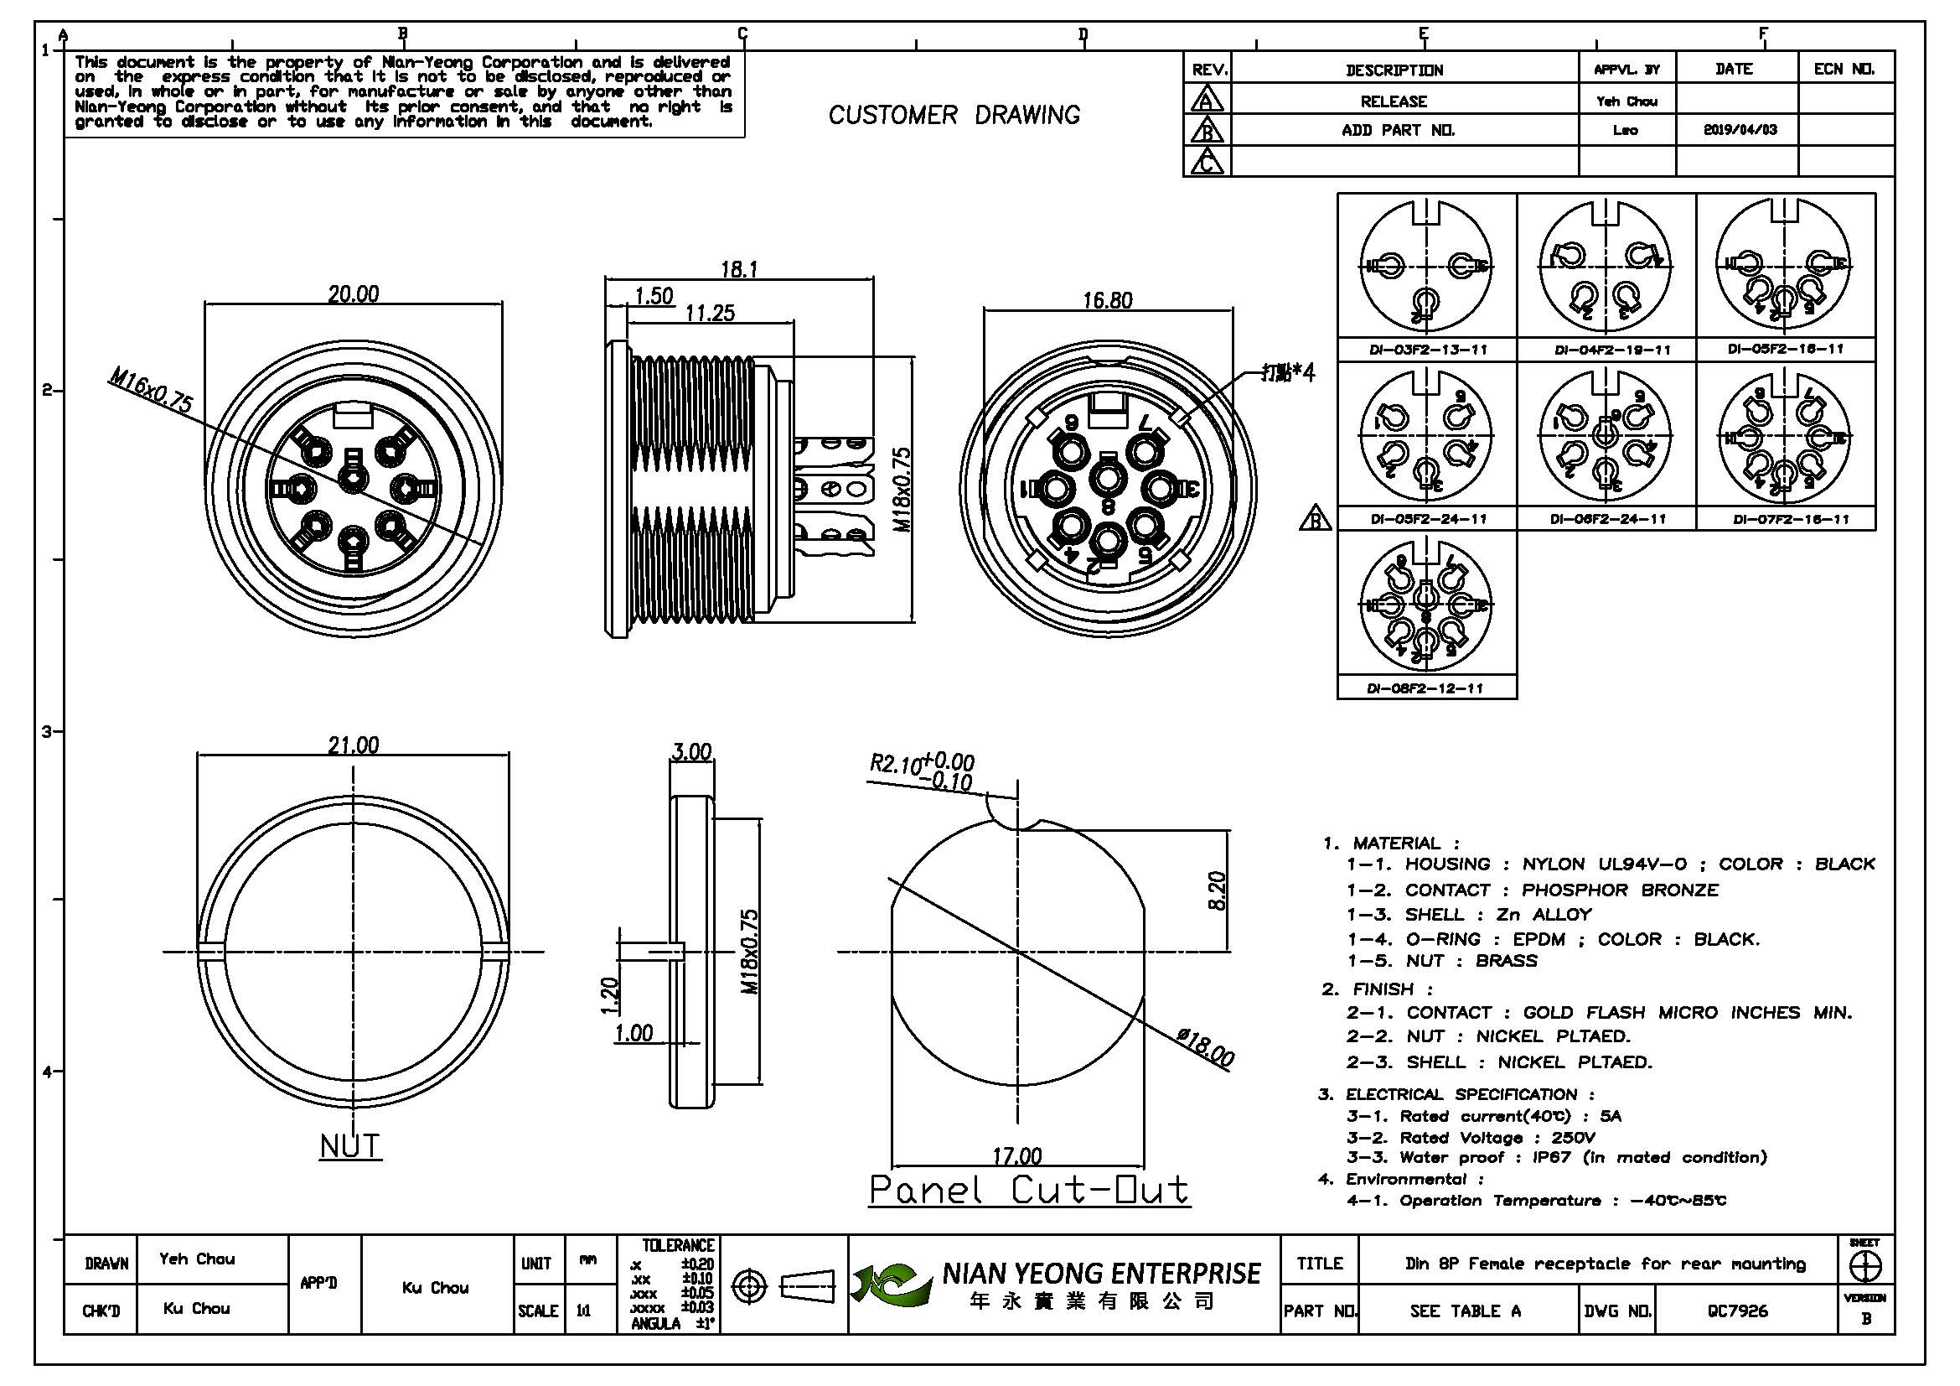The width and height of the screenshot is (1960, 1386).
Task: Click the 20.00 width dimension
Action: (354, 294)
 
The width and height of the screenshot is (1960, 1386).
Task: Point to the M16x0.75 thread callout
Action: (151, 390)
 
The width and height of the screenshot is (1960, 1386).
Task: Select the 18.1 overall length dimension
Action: (739, 270)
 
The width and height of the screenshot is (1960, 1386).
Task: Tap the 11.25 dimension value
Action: (710, 314)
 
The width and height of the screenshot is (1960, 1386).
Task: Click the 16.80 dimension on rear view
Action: (1107, 301)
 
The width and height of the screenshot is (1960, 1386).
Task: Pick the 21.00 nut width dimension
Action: (354, 745)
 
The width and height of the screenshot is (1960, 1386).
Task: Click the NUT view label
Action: (350, 1146)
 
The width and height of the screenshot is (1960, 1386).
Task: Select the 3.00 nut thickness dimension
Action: (691, 752)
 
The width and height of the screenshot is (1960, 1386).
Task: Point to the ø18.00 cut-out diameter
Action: (1205, 1048)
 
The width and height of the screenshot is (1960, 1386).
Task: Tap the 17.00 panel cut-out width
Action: (1016, 1156)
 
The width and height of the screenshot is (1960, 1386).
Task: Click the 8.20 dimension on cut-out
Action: (1218, 890)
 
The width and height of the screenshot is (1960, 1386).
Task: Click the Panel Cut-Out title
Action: (1029, 1190)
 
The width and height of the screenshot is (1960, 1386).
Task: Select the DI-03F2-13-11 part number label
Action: (1428, 350)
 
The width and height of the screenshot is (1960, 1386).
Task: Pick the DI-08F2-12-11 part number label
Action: (1425, 688)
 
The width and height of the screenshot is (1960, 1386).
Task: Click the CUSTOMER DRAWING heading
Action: (954, 115)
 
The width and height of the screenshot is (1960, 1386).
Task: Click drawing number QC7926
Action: (1737, 1311)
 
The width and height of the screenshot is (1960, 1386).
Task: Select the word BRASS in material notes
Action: (1507, 961)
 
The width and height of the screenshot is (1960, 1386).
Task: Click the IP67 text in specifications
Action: (1552, 1158)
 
